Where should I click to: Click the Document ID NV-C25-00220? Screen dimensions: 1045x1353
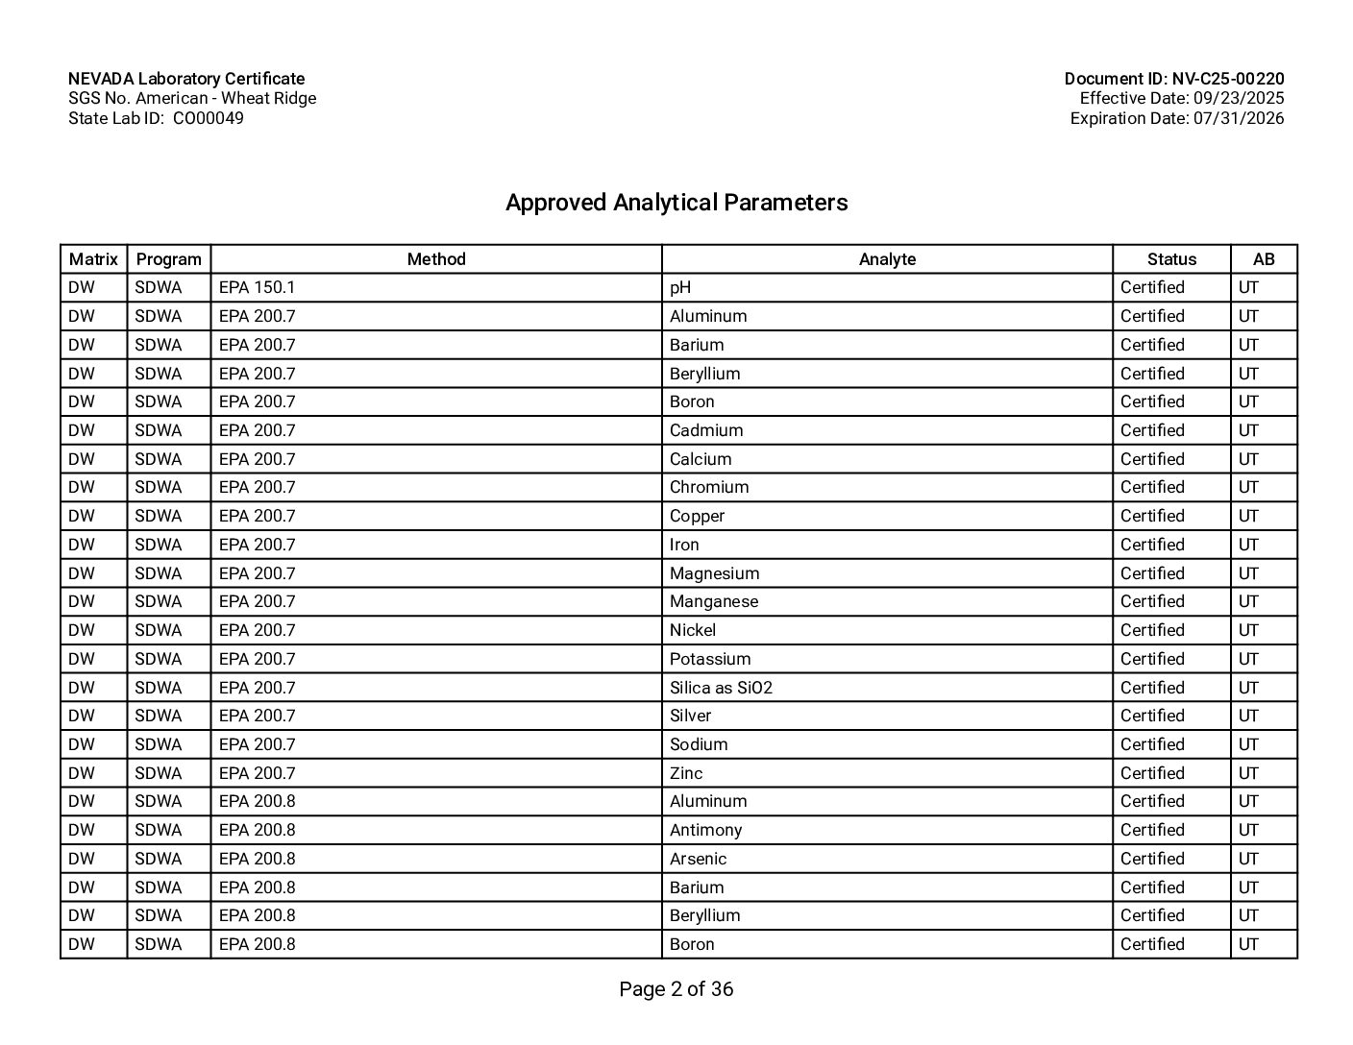(x=1173, y=79)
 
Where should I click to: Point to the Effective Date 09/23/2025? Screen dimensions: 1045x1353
(x=1181, y=98)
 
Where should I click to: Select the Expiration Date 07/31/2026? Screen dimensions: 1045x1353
(x=1176, y=118)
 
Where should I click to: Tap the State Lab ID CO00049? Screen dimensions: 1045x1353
(x=156, y=118)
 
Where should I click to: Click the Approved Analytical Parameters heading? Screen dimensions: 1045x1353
(x=676, y=203)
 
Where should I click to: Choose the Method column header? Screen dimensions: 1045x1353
(x=436, y=259)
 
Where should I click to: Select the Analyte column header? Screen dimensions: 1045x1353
(x=887, y=259)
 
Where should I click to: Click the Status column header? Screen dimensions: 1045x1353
(x=1171, y=259)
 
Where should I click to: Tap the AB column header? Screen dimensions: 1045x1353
(x=1264, y=259)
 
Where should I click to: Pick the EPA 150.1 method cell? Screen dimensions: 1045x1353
(x=257, y=287)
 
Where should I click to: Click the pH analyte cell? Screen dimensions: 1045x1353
(x=680, y=287)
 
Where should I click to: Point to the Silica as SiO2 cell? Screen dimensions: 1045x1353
(x=721, y=688)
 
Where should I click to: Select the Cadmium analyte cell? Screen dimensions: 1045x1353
(x=706, y=430)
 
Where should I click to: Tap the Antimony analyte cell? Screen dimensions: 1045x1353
(x=705, y=830)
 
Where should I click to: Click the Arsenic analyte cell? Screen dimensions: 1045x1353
(x=698, y=859)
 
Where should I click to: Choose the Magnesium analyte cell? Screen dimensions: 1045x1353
(x=714, y=573)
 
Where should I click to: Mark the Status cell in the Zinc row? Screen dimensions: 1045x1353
(x=1152, y=773)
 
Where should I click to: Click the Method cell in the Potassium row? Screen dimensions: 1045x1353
(x=257, y=659)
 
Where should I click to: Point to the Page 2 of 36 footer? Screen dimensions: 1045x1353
(x=676, y=989)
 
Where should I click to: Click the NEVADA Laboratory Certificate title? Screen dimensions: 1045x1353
(x=186, y=79)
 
